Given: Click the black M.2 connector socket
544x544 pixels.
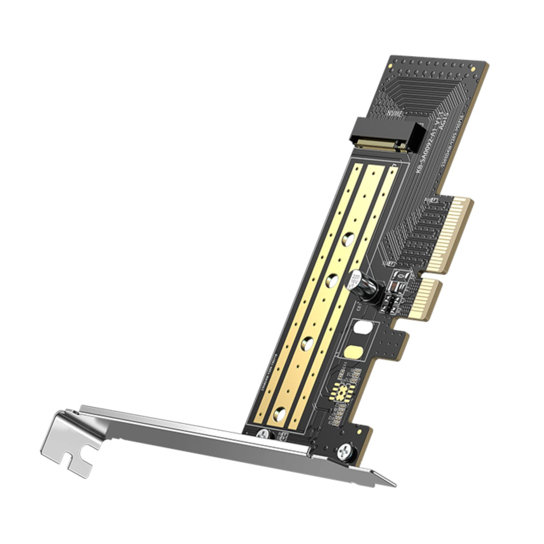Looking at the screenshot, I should [390, 134].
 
